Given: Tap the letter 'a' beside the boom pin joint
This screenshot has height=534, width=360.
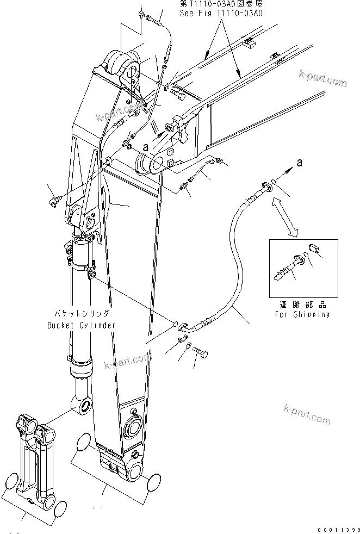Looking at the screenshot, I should (x=145, y=146).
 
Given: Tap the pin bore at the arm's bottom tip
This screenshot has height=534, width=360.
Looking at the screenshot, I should (x=135, y=471).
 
